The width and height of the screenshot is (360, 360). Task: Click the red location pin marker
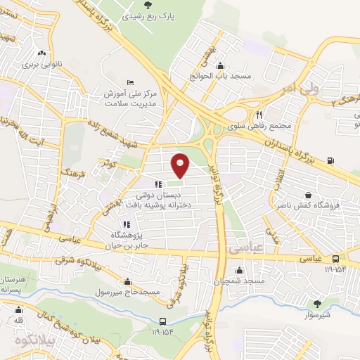click(x=181, y=164)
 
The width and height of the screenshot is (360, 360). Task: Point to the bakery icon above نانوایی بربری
click(x=44, y=52)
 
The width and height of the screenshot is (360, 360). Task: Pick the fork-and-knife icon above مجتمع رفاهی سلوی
click(x=259, y=115)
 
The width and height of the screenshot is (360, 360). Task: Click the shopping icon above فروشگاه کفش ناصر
click(x=308, y=193)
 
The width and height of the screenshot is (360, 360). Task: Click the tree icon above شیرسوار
click(x=317, y=304)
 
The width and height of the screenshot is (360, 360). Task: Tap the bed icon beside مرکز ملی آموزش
click(x=129, y=82)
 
